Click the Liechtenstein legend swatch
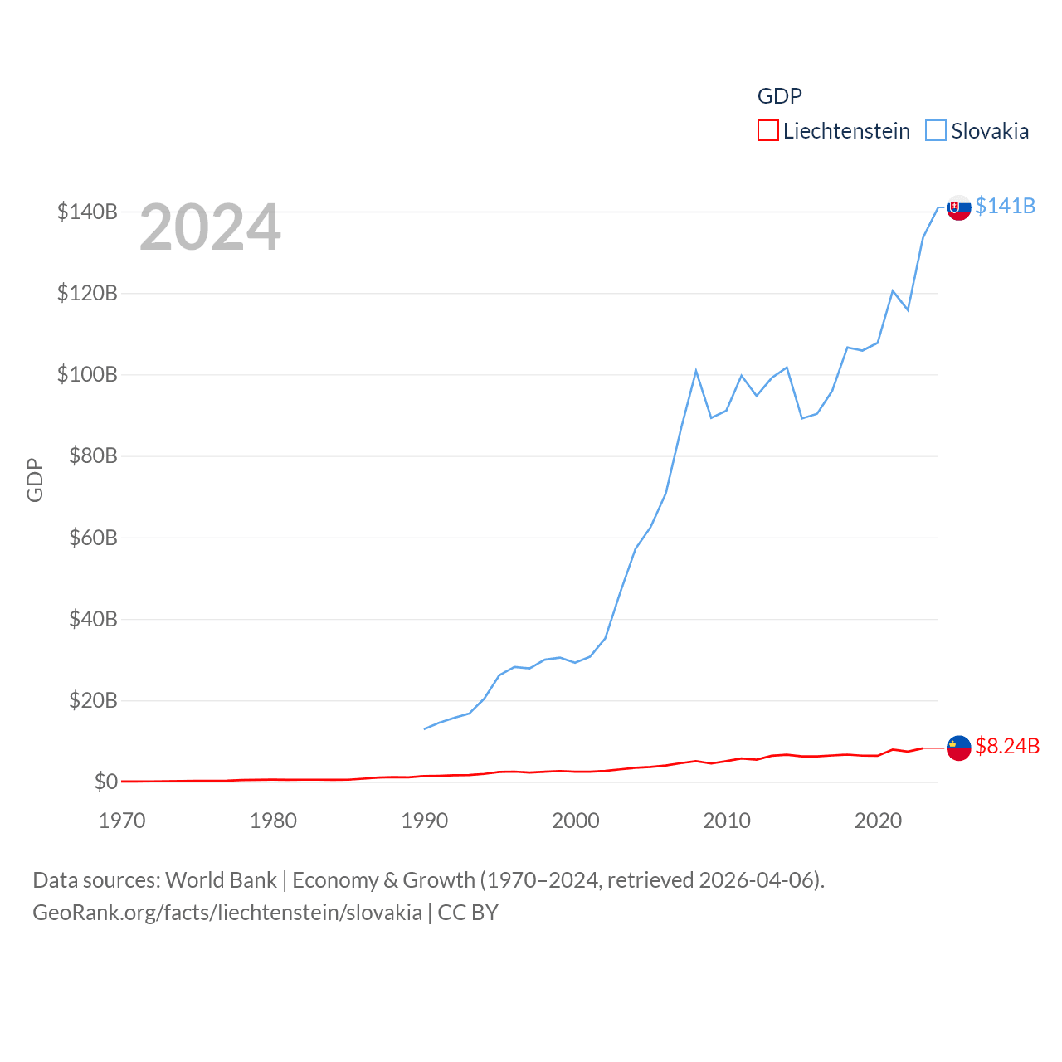(768, 131)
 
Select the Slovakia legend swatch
(936, 131)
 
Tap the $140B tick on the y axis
(87, 212)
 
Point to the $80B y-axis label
(93, 455)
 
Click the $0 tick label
(105, 782)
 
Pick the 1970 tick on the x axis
(122, 821)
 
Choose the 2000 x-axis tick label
(576, 821)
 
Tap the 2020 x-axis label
(878, 821)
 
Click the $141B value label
(1005, 206)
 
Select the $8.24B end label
(1007, 746)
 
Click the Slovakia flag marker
(959, 207)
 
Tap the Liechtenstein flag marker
(959, 748)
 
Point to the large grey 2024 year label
(210, 227)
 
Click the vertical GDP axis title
(35, 480)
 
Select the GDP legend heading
(780, 96)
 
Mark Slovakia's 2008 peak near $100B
(696, 371)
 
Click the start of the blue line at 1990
(425, 728)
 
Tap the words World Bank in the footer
(221, 879)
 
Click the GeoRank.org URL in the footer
(227, 913)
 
